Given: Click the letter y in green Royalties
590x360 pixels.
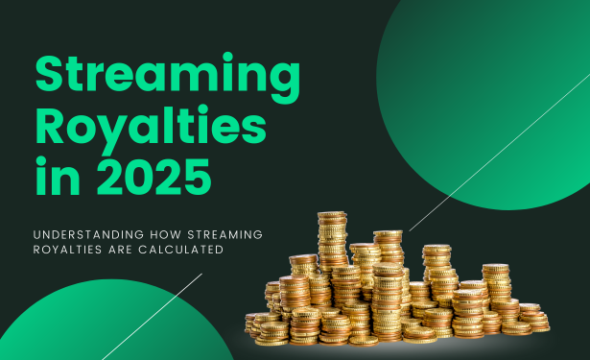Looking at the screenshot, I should pyautogui.click(x=112, y=134).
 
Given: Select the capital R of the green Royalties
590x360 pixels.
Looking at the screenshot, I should pyautogui.click(x=52, y=129).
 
